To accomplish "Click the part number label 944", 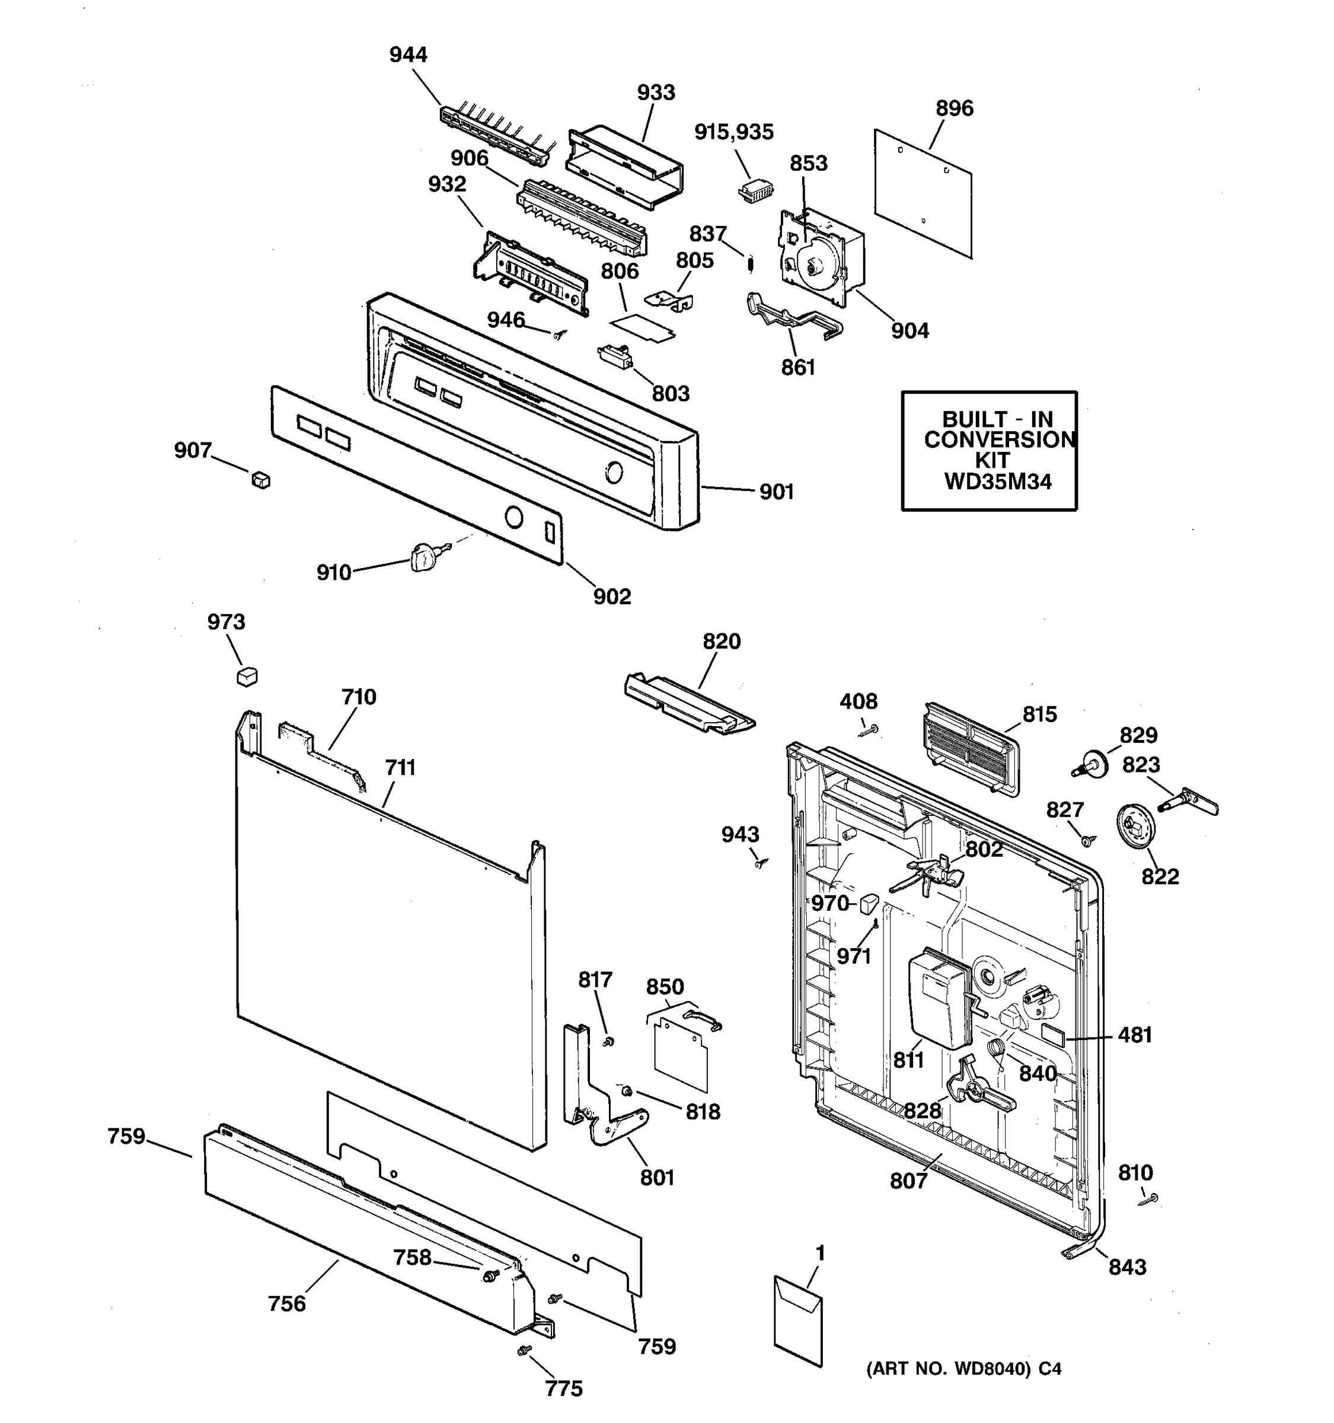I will click(408, 55).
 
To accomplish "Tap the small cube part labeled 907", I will click(261, 480).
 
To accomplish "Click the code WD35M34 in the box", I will click(998, 481).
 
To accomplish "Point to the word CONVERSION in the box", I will click(999, 439).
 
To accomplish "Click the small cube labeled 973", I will click(247, 676).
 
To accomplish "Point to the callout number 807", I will click(908, 1181).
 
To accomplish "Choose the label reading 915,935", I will click(733, 132).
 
